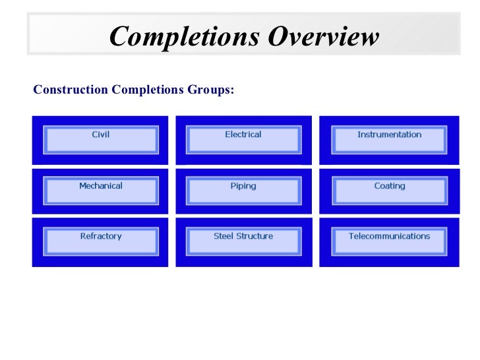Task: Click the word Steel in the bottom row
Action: tap(224, 236)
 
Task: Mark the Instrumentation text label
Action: tap(389, 135)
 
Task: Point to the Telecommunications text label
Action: tap(389, 236)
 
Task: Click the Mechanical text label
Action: tap(100, 186)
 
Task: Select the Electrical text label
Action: tap(243, 135)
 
